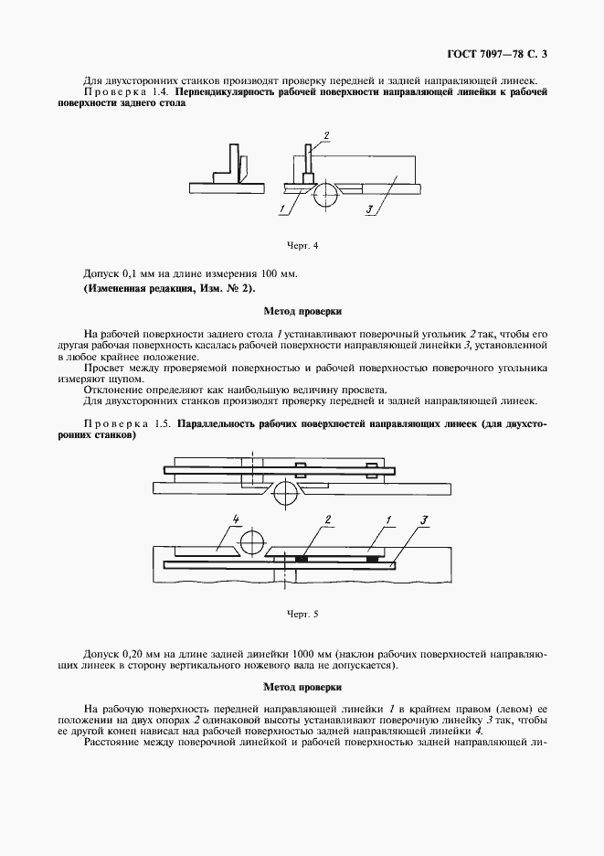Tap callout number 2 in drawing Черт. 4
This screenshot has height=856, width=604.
click(x=324, y=136)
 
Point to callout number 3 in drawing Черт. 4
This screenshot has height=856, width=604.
click(x=367, y=209)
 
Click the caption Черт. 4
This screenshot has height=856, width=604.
click(x=302, y=244)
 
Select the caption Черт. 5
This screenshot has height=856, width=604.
click(x=302, y=614)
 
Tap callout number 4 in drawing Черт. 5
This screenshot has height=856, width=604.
click(x=235, y=520)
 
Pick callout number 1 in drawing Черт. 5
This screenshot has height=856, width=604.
click(x=388, y=520)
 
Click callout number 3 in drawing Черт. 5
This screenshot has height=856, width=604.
click(x=423, y=520)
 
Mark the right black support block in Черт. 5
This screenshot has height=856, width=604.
click(x=370, y=557)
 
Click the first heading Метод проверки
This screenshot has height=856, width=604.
click(x=302, y=311)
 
